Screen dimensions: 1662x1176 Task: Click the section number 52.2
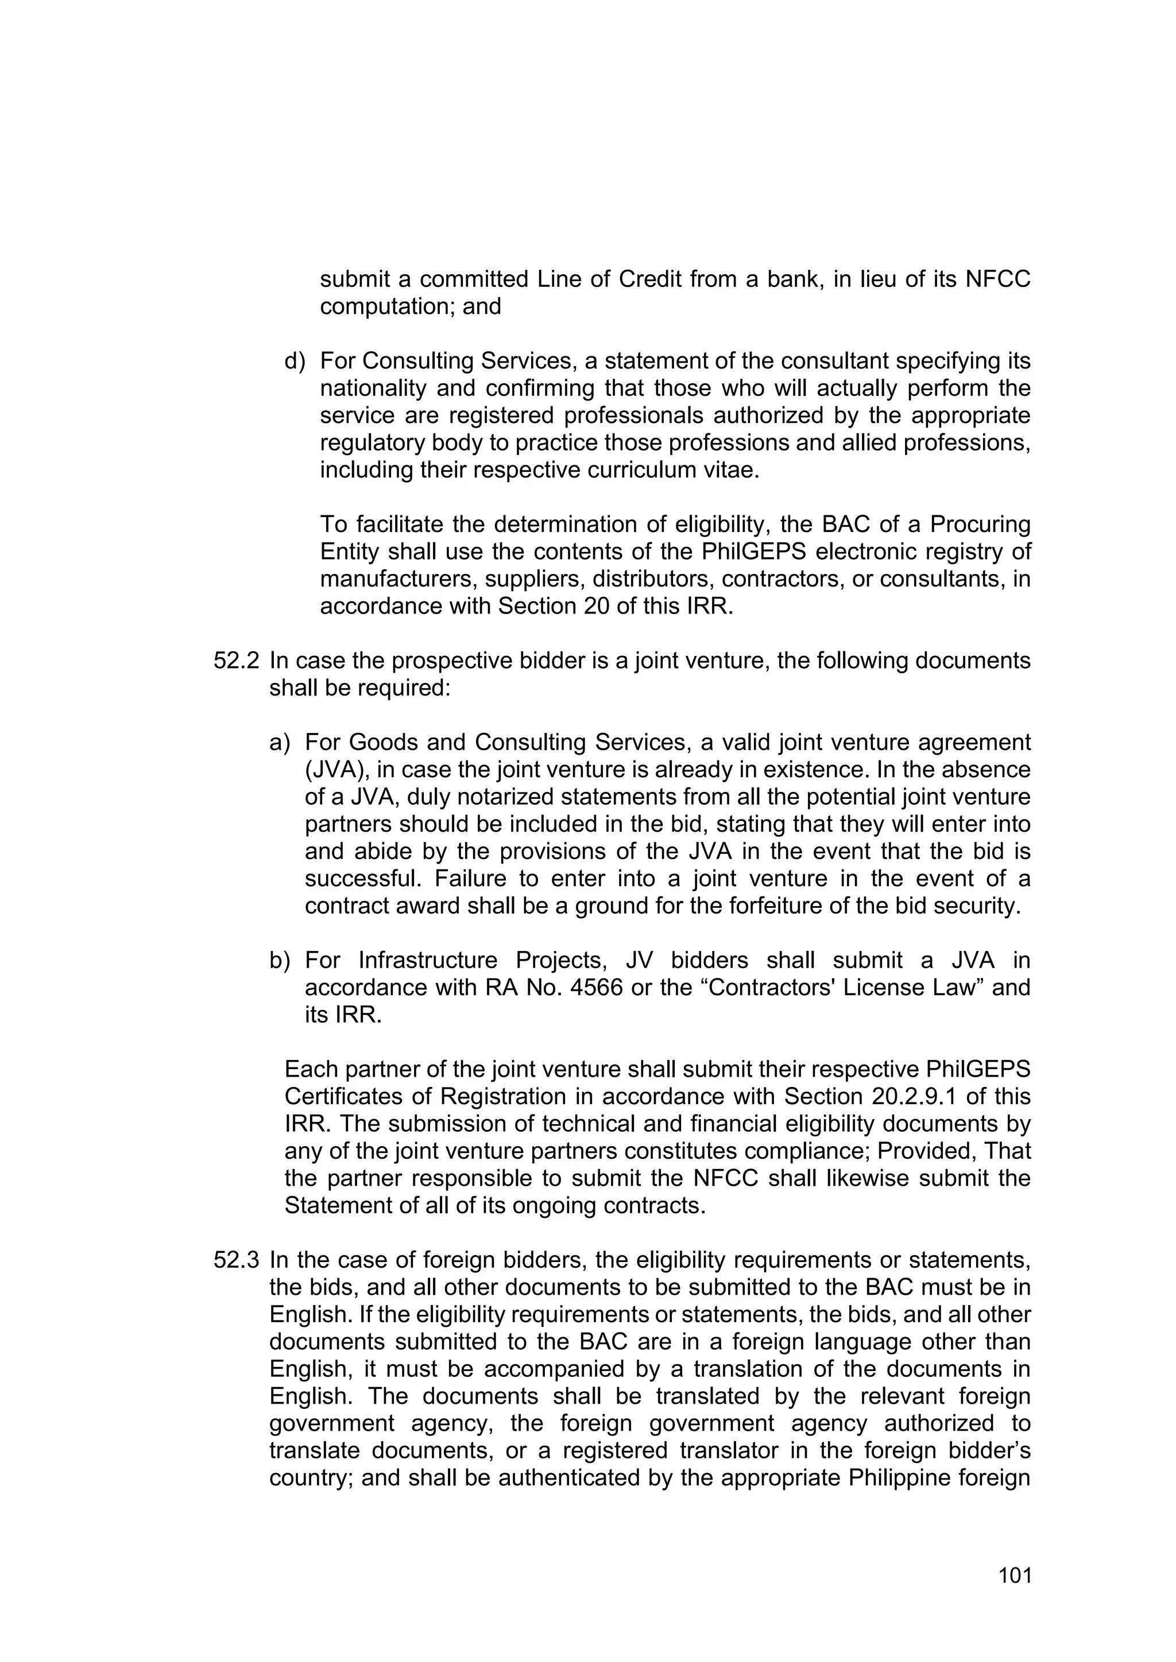236,661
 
